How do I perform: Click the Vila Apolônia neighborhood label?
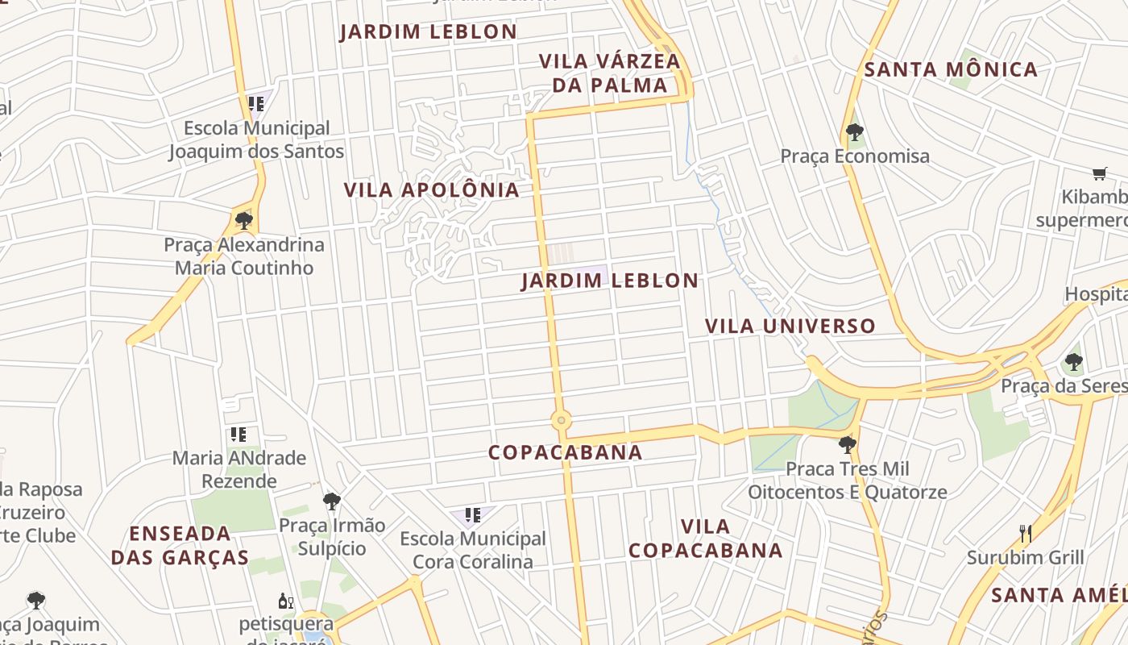(431, 190)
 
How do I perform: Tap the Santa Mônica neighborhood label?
(951, 70)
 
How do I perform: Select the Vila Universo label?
(790, 326)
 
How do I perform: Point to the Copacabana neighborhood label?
(566, 452)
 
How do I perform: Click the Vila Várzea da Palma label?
(609, 73)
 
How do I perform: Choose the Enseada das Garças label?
(180, 546)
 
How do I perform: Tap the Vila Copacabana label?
(705, 539)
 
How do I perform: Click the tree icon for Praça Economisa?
(855, 132)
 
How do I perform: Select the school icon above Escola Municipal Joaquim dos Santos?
(256, 104)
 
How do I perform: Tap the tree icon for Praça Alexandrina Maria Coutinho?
(243, 220)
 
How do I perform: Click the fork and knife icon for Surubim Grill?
(1025, 534)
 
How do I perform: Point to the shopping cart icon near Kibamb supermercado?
(1099, 173)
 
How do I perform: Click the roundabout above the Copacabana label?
(561, 421)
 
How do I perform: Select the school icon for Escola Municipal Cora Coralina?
(473, 514)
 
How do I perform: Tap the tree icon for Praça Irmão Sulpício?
(331, 501)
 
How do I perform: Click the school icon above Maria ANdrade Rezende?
(238, 435)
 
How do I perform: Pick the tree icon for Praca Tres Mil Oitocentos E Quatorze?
(847, 444)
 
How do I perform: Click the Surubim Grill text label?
(1025, 558)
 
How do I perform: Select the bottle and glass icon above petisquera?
(286, 601)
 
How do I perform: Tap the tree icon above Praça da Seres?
(1072, 362)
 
